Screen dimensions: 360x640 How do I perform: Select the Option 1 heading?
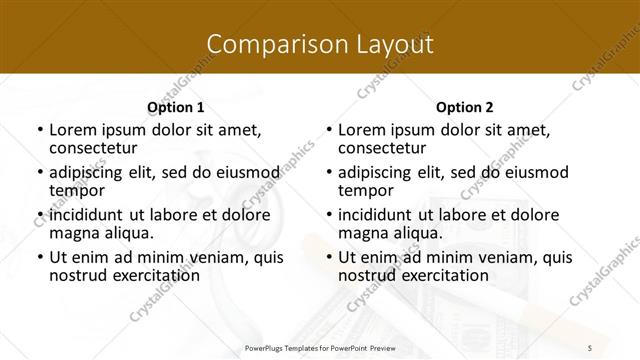tap(175, 107)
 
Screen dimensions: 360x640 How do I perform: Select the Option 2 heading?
tap(465, 107)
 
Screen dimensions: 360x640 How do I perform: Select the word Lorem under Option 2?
tap(360, 130)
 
